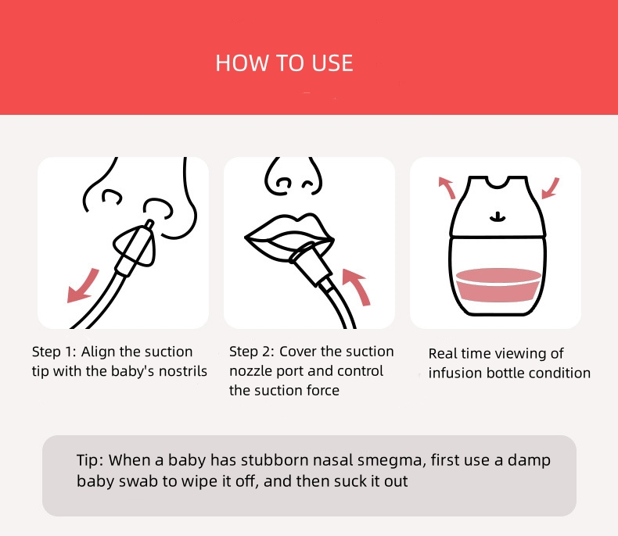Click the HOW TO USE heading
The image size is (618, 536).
point(284,63)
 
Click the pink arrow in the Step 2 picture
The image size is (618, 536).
point(357,287)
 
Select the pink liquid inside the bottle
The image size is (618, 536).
point(498,285)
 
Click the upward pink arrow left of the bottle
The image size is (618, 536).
point(447,188)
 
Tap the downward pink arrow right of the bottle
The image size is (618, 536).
point(551,188)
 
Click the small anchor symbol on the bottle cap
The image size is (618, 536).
point(498,217)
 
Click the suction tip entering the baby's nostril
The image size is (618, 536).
point(149,225)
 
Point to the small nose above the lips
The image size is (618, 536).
point(293,177)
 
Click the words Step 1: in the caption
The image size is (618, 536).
point(54,352)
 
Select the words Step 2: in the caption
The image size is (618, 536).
point(251,351)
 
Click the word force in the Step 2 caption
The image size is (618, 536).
point(322,390)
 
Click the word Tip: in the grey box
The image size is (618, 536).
point(90,460)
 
